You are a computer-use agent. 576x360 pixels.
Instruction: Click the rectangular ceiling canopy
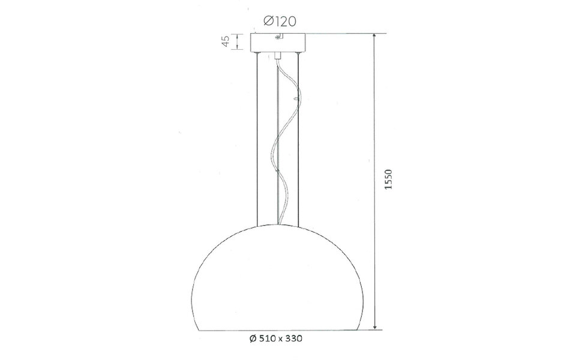[x=278, y=43]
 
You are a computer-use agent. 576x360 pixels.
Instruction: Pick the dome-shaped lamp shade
[x=278, y=282]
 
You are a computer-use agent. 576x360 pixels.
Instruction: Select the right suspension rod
[x=299, y=138]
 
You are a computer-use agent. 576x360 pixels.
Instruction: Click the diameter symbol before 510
[x=252, y=339]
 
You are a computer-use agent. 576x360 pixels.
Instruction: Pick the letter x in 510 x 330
[x=280, y=339]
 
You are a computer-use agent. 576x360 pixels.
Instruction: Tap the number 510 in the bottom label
[x=266, y=339]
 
